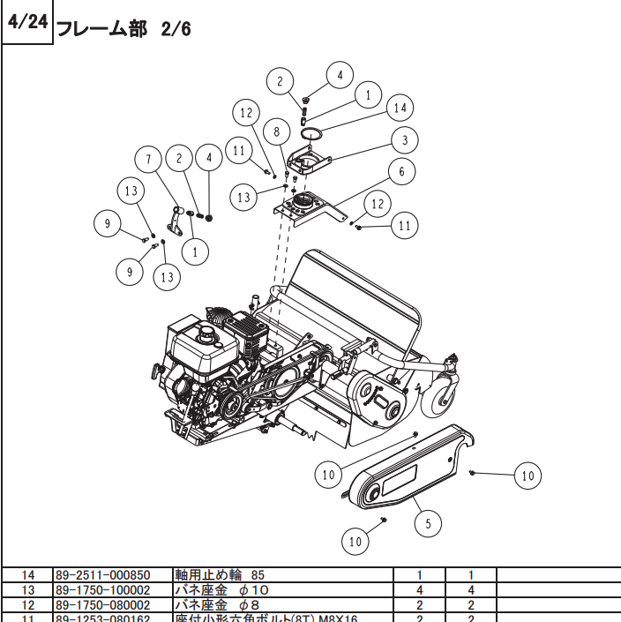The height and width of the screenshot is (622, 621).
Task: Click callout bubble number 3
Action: [405, 139]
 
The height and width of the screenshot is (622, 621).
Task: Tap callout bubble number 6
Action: [401, 171]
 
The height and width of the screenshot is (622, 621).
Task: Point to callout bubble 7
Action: [148, 161]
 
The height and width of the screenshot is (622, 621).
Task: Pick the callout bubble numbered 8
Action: [276, 132]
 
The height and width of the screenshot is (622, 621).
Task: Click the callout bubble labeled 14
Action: [400, 108]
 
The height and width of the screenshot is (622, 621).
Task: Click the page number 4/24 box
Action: [26, 23]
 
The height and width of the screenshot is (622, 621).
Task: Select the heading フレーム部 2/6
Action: [123, 29]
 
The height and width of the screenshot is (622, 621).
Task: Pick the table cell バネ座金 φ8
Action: [206, 604]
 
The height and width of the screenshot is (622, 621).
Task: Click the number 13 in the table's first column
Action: [27, 589]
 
